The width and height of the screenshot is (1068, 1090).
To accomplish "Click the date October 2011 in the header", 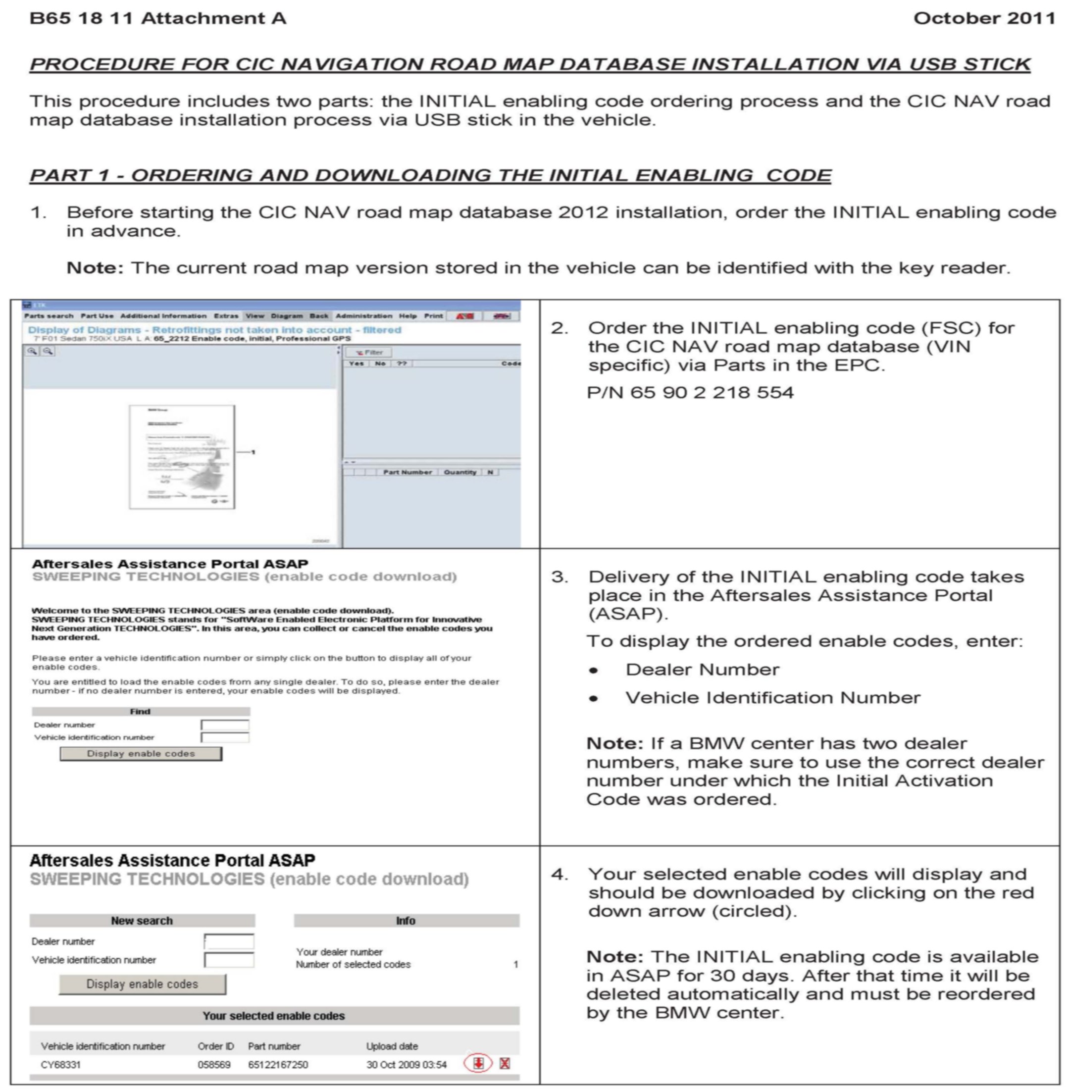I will point(984,18).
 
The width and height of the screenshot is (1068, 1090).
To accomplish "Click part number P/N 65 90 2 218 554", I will point(690,392).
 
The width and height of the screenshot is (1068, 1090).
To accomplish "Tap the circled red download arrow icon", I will point(478,1063).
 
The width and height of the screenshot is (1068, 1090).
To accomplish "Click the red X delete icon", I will point(505,1063).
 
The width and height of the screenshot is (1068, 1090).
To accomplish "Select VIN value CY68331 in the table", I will point(60,1064).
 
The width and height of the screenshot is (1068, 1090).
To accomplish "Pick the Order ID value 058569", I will point(214,1064).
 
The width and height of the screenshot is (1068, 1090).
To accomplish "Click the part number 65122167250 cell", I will point(278,1064).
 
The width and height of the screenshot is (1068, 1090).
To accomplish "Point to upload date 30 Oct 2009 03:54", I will point(406,1064).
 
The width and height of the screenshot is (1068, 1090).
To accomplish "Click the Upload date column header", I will point(392,1046).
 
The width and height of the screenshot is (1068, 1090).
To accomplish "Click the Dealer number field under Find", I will point(225,725).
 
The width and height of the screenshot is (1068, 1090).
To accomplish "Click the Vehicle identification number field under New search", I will point(229,960).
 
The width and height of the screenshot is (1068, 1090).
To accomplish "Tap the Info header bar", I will point(406,921).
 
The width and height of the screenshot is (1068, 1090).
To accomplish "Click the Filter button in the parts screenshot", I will point(368,352).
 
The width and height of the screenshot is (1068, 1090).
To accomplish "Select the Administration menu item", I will point(363,316).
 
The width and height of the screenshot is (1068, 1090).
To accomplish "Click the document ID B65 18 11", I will point(81,18).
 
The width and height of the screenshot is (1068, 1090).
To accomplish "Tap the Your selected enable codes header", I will point(274,1015).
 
